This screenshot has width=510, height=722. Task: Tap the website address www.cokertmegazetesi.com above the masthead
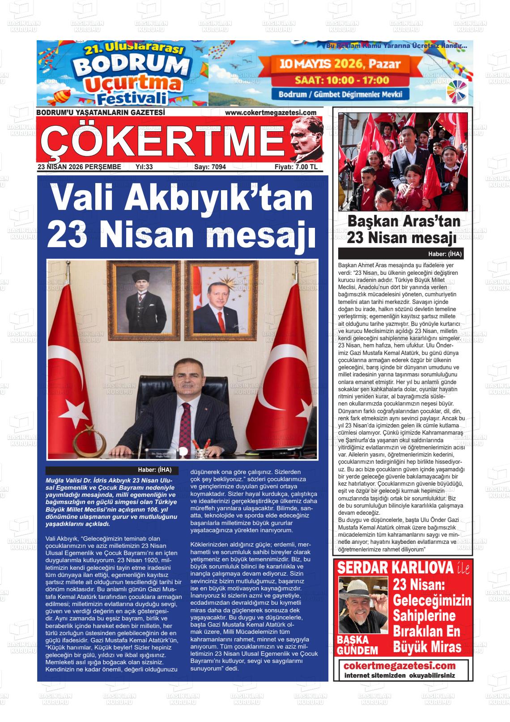click(x=271, y=113)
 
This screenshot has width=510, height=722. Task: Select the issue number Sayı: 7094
click(x=210, y=167)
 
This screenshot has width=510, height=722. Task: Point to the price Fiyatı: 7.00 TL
click(x=296, y=167)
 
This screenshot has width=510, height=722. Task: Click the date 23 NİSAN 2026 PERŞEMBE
click(x=80, y=167)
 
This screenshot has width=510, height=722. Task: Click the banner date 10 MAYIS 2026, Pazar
click(x=340, y=64)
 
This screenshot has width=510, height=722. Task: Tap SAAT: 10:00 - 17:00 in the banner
click(x=342, y=81)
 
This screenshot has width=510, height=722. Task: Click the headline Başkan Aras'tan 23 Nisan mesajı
click(x=404, y=230)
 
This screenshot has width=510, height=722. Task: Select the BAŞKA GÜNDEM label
click(x=357, y=645)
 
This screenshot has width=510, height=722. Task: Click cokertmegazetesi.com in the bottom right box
click(x=399, y=666)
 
